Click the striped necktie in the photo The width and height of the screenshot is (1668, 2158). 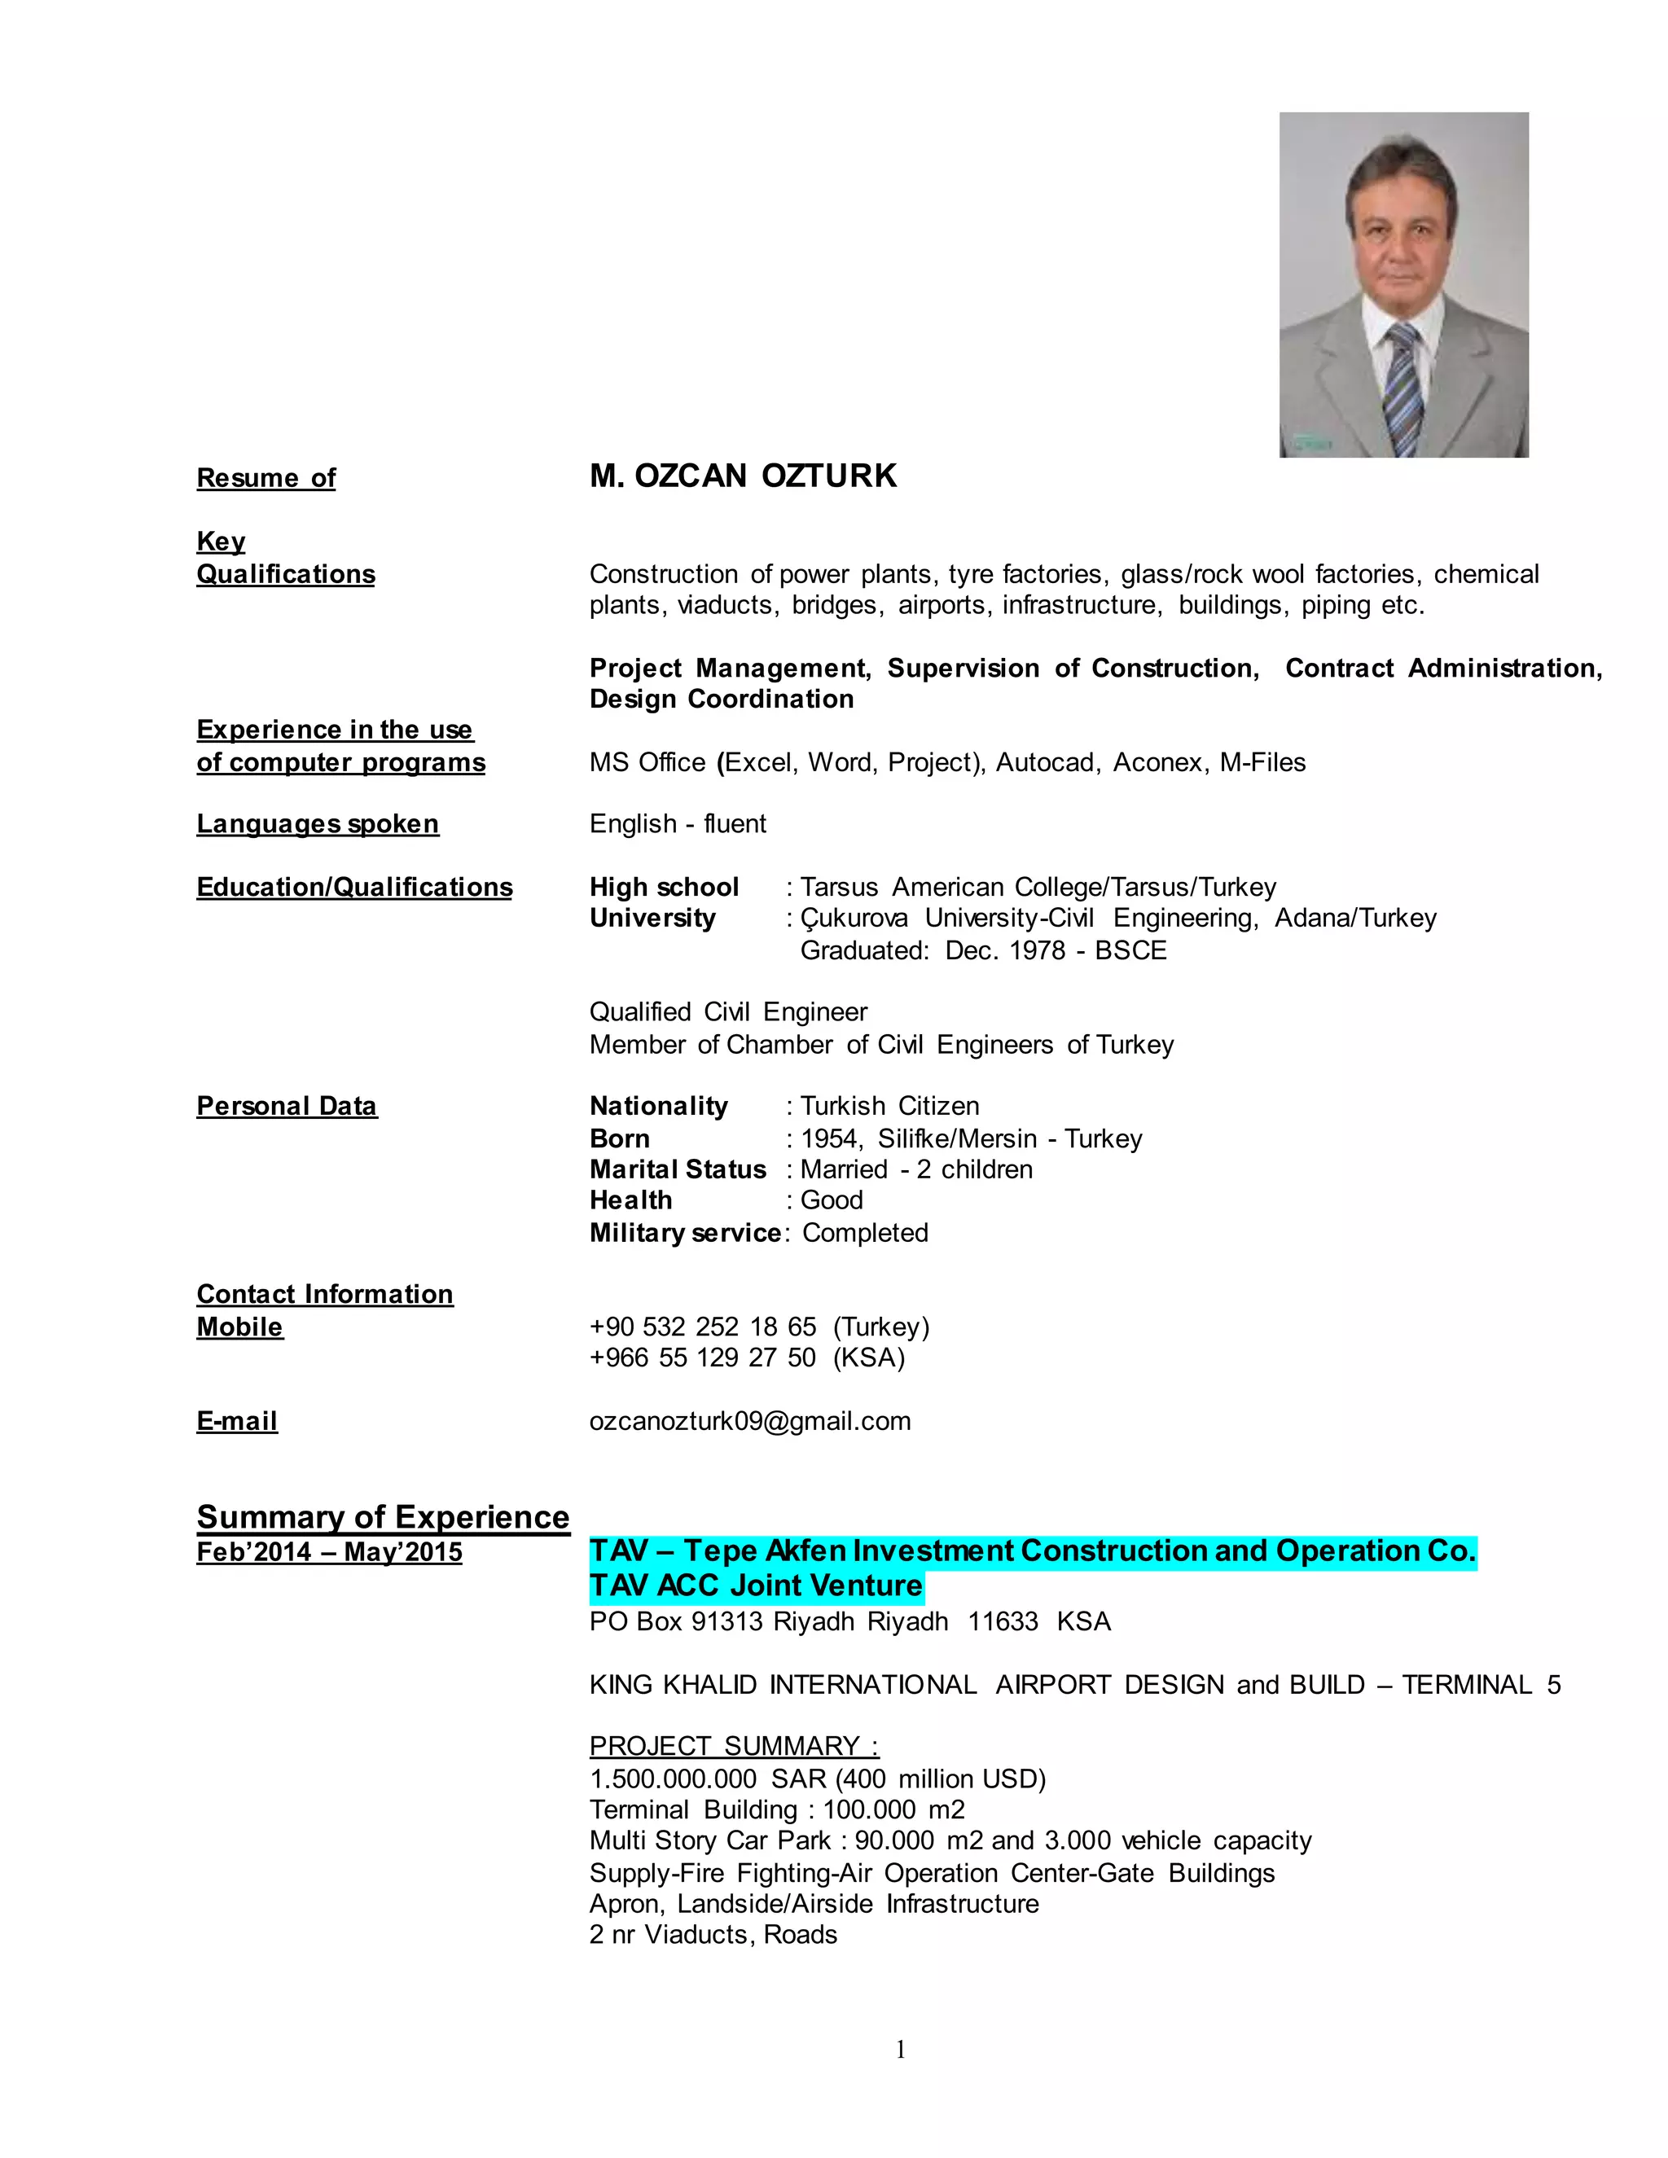coord(1403,390)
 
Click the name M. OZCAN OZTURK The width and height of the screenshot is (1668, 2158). coord(743,476)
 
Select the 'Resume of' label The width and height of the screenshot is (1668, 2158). coord(266,478)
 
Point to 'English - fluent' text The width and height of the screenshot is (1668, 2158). coord(678,824)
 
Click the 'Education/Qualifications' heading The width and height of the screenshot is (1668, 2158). coord(353,888)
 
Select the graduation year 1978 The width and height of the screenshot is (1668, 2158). coord(1038,950)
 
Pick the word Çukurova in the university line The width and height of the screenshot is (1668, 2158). coord(854,919)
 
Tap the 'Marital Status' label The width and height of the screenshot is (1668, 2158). coord(678,1170)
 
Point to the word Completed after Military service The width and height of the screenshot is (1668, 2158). coord(865,1233)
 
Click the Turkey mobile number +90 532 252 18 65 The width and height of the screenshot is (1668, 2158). coord(703,1327)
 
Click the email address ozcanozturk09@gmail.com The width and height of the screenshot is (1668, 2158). coord(750,1422)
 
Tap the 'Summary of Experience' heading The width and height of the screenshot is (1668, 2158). coord(383,1517)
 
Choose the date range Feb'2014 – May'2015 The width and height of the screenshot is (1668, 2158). coord(329,1552)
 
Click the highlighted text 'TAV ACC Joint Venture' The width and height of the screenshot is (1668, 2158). coord(756,1586)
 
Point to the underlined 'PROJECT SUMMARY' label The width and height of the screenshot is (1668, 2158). coord(734,1746)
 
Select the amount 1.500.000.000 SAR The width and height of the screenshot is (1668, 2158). coord(708,1779)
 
